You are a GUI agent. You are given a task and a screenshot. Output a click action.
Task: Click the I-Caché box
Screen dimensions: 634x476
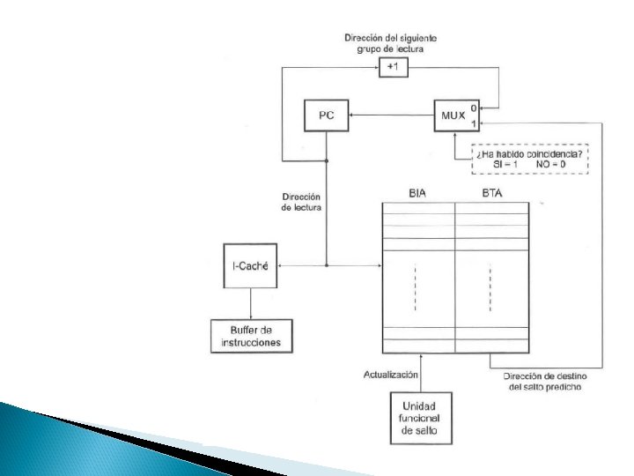point(250,264)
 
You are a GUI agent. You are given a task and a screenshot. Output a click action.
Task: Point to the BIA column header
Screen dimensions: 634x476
point(417,193)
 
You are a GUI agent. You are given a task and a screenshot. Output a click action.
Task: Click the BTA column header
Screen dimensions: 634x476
point(490,193)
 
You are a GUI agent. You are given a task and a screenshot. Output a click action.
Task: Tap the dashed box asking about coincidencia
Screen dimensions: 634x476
point(529,159)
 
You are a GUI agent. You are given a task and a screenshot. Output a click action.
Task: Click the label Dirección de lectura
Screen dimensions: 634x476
point(301,202)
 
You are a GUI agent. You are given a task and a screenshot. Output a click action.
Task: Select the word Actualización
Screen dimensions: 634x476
point(390,375)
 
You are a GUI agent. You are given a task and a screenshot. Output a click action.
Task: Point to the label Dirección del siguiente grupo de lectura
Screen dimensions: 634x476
point(391,43)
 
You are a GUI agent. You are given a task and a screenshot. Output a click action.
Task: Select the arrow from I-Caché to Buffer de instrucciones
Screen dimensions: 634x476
point(250,303)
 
